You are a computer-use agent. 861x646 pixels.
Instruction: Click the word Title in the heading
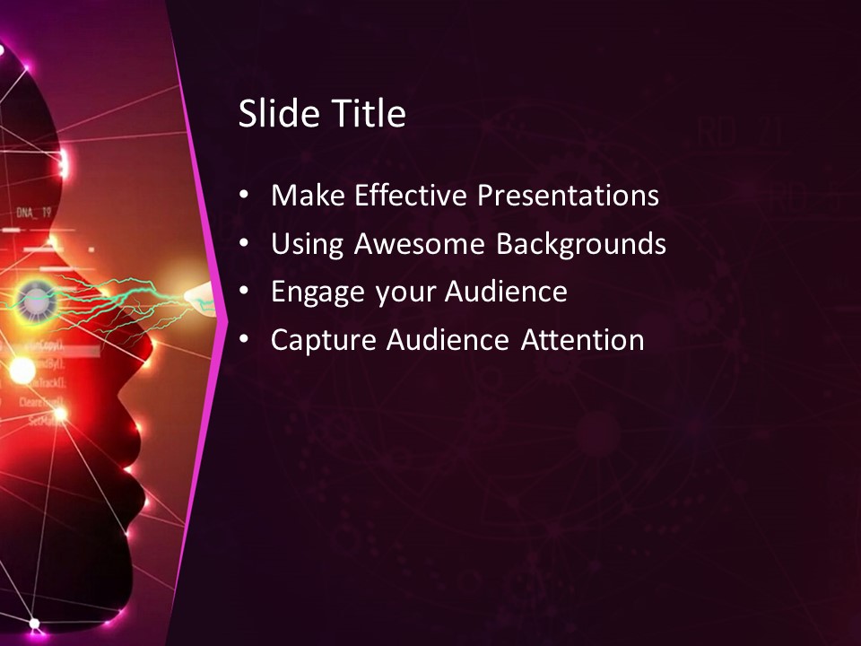(369, 114)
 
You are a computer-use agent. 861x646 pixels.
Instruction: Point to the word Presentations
(568, 195)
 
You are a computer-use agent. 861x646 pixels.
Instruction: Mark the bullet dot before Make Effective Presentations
(245, 196)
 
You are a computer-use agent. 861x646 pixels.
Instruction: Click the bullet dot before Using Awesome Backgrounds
(245, 244)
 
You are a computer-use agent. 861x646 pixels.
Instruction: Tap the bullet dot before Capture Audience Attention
(245, 340)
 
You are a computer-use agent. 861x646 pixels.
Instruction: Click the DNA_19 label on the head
(32, 214)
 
